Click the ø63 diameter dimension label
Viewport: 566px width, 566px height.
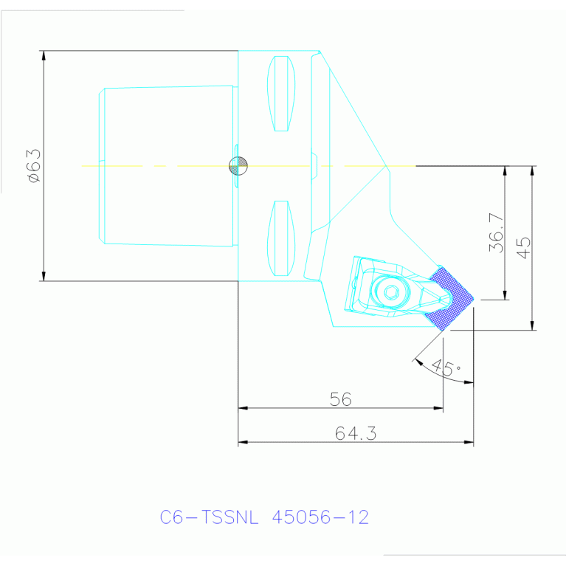(x=35, y=166)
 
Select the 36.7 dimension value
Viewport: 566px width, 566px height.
(x=496, y=232)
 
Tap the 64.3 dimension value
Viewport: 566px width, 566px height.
(x=356, y=433)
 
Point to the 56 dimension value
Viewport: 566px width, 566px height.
(x=340, y=399)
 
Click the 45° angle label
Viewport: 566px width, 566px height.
(x=446, y=367)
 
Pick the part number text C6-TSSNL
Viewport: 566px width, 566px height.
(x=209, y=517)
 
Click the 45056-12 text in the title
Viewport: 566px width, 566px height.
(x=320, y=517)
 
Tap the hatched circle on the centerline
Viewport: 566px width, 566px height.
(x=238, y=166)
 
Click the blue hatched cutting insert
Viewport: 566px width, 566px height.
(x=449, y=298)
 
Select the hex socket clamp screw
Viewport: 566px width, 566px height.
(x=391, y=291)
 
